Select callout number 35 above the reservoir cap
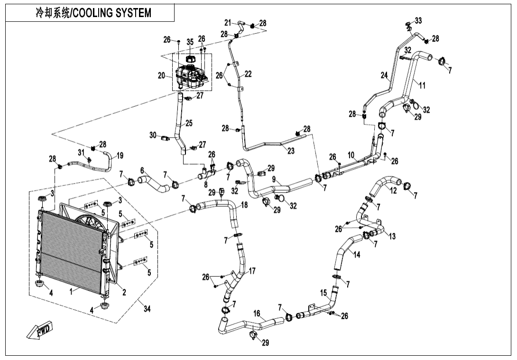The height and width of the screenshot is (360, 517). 190,42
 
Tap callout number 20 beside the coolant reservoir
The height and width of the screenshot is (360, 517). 161,75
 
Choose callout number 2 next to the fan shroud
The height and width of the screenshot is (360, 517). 124,292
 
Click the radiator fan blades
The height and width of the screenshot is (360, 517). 85,223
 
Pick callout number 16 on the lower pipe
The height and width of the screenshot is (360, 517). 257,314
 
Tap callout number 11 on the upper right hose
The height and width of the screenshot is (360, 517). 422,85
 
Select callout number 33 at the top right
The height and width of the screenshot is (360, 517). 418,20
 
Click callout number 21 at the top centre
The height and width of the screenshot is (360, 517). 228,22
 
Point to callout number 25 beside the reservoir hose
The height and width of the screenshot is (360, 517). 189,123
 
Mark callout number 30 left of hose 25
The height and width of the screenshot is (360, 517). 153,135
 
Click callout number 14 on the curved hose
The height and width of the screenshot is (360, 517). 357,255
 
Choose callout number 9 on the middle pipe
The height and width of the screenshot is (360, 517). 274,179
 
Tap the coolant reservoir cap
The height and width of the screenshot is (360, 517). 190,58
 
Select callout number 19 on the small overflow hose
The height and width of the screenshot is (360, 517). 120,155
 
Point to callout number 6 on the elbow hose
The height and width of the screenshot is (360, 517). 142,170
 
